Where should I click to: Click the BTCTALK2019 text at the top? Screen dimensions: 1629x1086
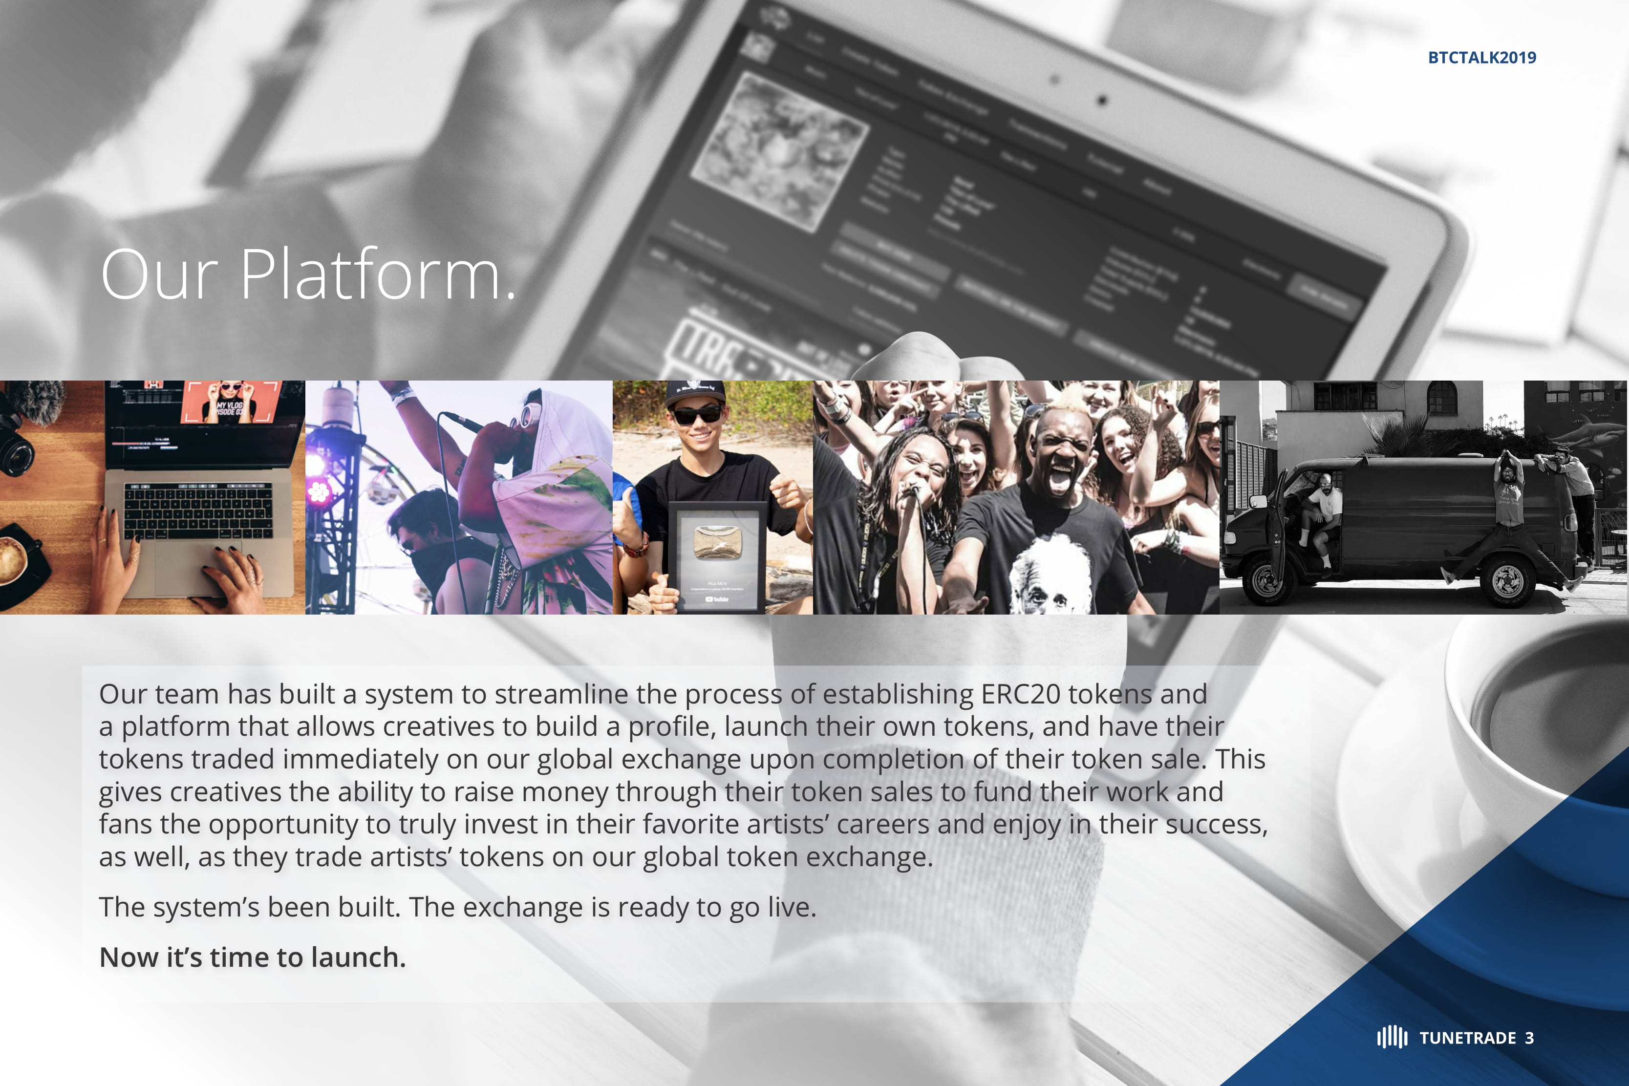1481,58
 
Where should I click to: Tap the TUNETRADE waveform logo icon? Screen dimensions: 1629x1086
1392,1037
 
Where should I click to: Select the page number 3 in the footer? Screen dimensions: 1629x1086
1529,1038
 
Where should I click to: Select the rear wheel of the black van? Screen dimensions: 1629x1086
1508,580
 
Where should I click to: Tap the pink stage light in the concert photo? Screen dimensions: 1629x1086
319,490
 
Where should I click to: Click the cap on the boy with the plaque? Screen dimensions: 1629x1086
695,393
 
